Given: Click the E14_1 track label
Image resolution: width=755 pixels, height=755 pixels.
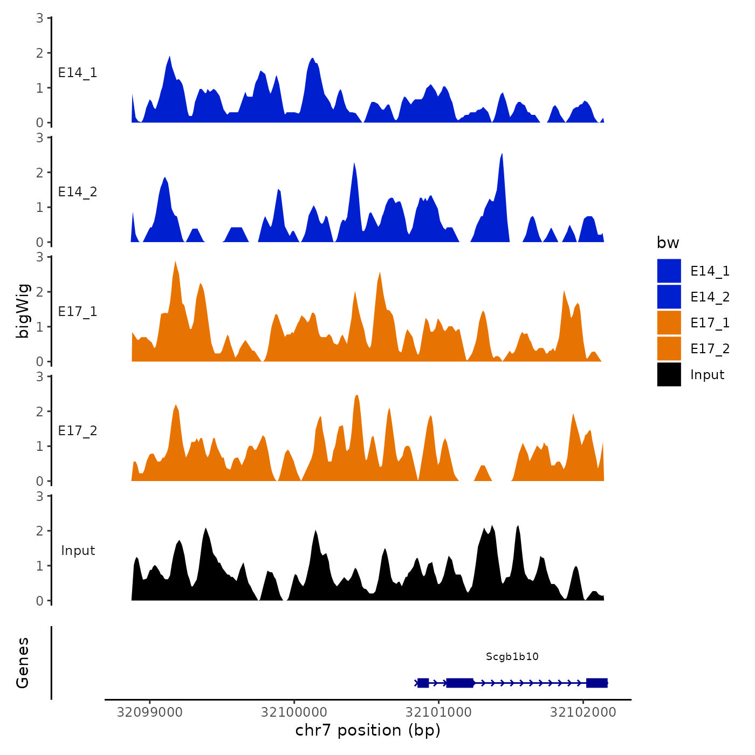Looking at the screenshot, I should point(78,73).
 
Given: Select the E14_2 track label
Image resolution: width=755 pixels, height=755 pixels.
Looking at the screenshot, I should point(78,192).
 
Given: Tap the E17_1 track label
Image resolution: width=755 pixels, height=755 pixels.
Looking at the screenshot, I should point(78,312).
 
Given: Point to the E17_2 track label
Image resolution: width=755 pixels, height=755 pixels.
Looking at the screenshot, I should point(78,431).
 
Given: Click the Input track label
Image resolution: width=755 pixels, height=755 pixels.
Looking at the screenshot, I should point(78,551).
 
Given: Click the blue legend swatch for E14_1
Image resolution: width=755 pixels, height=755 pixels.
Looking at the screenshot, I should point(669,271).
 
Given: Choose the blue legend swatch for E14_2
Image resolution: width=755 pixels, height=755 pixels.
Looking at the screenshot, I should point(669,297).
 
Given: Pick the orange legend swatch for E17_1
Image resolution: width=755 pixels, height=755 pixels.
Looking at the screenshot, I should point(669,322).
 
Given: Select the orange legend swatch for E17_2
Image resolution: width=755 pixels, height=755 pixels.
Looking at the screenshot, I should point(669,348).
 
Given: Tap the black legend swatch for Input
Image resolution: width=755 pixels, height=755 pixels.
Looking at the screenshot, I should point(669,374).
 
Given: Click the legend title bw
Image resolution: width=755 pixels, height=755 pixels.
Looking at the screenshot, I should point(668,243).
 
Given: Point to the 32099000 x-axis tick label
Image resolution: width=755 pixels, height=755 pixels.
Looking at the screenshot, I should point(150,712).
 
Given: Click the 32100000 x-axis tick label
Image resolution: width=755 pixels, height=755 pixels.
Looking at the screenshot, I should point(294,712).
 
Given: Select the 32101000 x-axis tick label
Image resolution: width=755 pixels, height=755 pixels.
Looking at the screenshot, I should point(438,712).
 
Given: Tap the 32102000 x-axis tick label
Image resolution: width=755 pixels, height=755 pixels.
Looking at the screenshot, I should point(583,712).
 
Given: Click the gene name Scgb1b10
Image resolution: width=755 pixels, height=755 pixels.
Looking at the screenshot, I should point(512,657).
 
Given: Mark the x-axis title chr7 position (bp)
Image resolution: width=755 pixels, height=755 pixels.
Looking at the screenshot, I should point(368,730).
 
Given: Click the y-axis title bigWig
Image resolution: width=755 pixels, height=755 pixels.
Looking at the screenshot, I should point(23,311).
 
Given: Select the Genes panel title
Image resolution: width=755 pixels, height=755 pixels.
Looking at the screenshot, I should point(23,663).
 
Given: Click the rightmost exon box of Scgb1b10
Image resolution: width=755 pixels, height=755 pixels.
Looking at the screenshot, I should point(596,683).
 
